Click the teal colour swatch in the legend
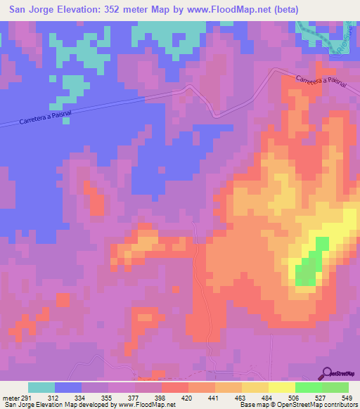click(x=41, y=387)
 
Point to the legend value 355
click(x=108, y=397)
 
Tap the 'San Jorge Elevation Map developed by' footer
click(x=58, y=405)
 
